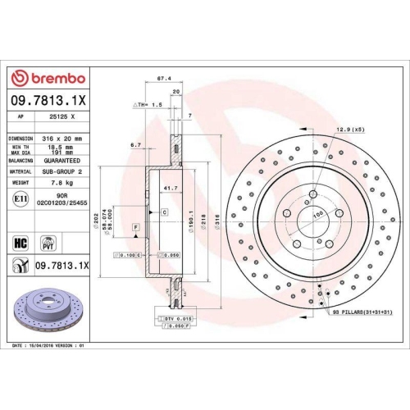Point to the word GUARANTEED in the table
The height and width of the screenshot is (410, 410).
[61, 161]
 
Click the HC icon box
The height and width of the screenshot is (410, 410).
[20, 242]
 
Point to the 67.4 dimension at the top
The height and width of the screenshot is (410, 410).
[163, 79]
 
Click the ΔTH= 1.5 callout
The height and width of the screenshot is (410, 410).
[148, 107]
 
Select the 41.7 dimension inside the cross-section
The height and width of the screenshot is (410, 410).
[171, 189]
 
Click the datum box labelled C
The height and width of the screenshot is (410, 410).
[164, 212]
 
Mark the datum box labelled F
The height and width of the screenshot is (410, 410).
[134, 225]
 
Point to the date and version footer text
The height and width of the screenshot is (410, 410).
[51, 348]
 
